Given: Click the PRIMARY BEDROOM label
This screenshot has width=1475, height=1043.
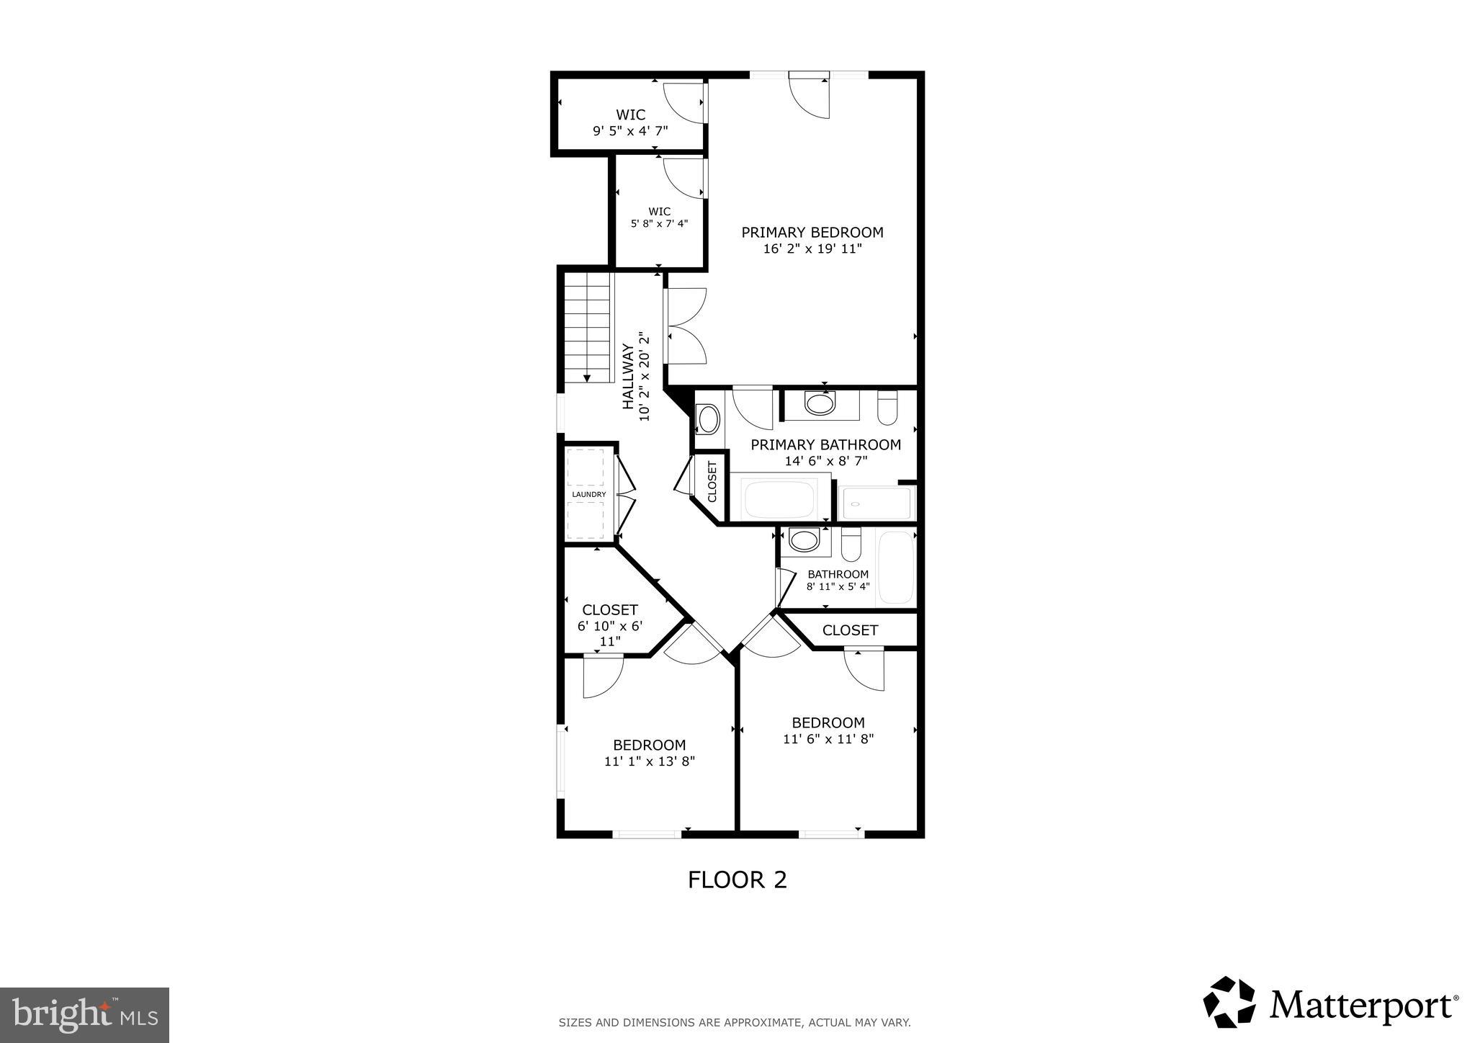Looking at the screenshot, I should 812,232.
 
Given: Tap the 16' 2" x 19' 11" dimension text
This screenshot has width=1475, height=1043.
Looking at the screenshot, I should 812,249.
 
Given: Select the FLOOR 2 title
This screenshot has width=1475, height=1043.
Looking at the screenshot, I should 737,879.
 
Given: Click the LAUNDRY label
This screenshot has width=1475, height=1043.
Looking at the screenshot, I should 588,495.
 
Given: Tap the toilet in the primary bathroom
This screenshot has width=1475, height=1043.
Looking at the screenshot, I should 887,408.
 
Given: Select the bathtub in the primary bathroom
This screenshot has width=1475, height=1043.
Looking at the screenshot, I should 779,498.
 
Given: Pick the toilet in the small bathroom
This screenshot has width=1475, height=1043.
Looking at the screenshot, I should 851,545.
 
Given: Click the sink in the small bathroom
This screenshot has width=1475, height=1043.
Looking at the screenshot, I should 804,540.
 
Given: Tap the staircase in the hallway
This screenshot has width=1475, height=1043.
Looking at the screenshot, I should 588,328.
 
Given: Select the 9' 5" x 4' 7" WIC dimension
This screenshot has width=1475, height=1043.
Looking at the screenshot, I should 630,131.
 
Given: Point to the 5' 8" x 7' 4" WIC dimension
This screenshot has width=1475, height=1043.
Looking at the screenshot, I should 659,223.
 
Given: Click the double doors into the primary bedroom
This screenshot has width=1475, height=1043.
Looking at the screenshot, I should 686,326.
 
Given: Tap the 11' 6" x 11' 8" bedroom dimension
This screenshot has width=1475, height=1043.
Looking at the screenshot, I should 828,738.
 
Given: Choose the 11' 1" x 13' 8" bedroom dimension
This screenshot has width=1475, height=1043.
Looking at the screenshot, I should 649,761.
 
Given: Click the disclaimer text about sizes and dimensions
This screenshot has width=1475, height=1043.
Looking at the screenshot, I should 735,1022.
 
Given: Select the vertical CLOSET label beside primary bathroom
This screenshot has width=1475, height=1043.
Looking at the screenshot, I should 712,482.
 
